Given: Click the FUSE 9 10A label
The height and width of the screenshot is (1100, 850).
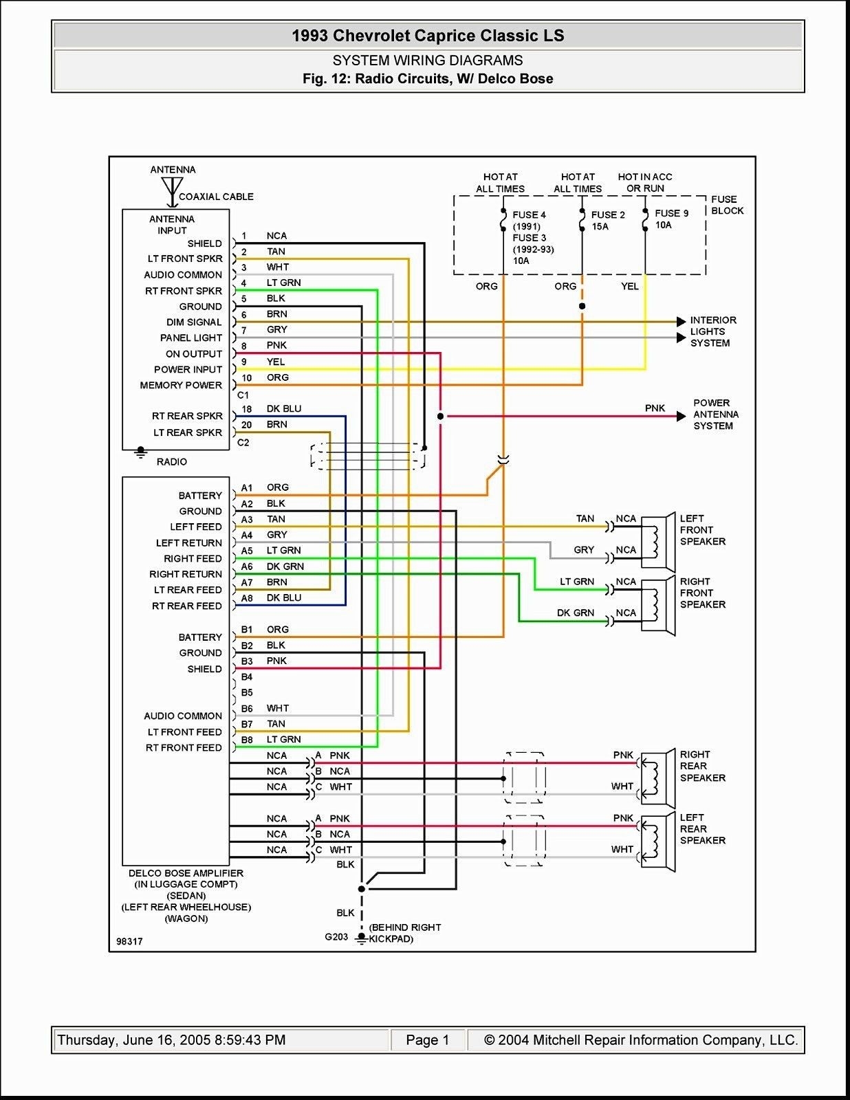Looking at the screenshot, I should point(671,219).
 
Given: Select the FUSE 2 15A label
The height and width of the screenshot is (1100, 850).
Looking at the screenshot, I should point(607,220).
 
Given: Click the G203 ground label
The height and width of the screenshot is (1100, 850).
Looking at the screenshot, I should point(336,936).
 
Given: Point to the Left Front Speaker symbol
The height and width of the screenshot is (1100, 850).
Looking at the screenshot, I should point(658,540).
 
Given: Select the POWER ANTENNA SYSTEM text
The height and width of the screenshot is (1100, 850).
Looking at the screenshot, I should point(715,415).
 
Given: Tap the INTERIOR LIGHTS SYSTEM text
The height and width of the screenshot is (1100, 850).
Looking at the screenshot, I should point(712,331).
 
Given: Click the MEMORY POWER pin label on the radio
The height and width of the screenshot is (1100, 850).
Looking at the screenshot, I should point(181,385).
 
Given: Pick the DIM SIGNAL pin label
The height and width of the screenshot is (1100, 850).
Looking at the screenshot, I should point(194,322).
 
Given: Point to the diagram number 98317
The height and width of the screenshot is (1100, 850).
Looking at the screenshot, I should point(129,941).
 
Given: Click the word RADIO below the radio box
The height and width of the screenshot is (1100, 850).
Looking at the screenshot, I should point(171,461).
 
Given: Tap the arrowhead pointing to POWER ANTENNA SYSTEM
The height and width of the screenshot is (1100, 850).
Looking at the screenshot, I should point(681,416).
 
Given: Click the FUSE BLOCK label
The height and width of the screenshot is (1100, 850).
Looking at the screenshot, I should point(726,205).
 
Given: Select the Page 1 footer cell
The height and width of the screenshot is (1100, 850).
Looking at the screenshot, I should point(427,1040).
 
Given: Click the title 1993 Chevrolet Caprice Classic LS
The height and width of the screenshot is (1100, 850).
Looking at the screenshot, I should point(428,36).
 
